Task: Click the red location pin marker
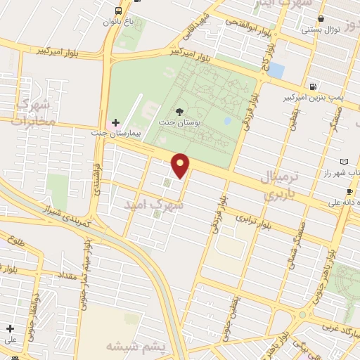click(181, 165)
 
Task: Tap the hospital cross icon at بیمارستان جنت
click(116, 122)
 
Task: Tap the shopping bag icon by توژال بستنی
click(321, 19)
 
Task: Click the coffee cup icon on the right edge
click(349, 192)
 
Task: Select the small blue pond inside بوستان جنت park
click(227, 120)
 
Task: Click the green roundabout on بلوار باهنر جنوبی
click(303, 315)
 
